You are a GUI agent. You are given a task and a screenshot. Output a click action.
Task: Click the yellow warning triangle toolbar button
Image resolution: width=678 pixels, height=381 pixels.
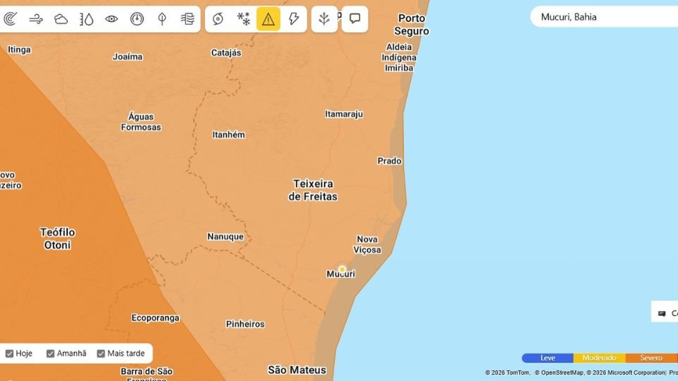coord(268,19)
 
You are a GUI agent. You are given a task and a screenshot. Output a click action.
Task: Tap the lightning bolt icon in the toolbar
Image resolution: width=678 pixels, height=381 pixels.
coord(294,19)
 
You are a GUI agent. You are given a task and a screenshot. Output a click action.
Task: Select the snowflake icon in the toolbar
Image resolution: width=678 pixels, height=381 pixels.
coord(243,19)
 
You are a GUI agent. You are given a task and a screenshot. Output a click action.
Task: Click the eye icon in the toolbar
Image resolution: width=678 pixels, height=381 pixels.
coord(112,19)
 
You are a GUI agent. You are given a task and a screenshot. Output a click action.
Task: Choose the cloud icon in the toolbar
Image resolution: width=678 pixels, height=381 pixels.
coord(61,19)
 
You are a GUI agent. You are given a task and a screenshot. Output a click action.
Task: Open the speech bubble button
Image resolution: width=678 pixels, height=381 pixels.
coord(355,19)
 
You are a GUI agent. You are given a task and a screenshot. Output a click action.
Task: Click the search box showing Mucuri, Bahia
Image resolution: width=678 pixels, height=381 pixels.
coord(604,17)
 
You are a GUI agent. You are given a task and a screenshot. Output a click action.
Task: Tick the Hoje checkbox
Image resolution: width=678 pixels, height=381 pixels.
coord(10,353)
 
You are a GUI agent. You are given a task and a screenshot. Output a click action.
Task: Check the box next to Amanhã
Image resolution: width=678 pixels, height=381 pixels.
coord(51,353)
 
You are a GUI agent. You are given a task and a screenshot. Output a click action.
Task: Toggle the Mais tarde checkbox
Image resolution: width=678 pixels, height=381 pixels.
coord(101,353)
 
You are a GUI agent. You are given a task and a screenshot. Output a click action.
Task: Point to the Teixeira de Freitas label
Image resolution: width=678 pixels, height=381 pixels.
coord(313,190)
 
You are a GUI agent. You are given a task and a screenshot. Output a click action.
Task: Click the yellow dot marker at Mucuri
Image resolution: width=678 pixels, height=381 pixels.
coord(342,270)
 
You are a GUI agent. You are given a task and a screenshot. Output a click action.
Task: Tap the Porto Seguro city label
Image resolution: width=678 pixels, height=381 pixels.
coord(412,25)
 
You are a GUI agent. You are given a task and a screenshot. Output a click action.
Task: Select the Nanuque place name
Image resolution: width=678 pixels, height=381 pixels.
coord(225,236)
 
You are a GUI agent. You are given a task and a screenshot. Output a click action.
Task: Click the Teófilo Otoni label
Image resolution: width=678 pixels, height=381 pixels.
coord(57,238)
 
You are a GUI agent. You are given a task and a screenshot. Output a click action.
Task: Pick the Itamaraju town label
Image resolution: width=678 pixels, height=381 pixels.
coord(344,114)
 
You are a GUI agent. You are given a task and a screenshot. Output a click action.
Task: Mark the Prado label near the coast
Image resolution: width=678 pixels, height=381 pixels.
coord(389,161)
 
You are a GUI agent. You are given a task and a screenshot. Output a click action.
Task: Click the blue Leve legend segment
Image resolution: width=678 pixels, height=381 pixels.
coord(547,358)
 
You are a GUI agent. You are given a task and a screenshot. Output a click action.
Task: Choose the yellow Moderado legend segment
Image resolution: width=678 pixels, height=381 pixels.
coord(599,358)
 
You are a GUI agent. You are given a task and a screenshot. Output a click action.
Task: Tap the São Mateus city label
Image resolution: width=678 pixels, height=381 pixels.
coord(297,370)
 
